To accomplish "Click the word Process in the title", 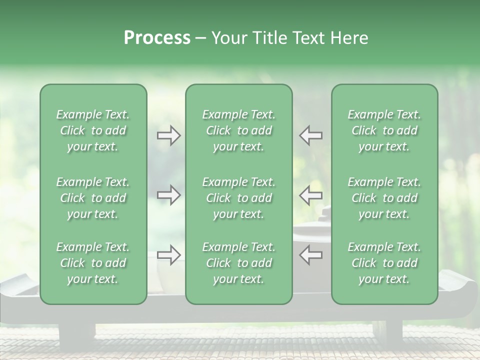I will click(157, 38).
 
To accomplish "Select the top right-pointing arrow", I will click(168, 136).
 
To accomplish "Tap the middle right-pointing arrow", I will click(168, 194).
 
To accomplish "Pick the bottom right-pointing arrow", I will click(168, 254).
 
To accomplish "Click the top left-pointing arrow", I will click(310, 136).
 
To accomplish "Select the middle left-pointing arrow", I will click(310, 194).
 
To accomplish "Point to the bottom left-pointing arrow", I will click(310, 254).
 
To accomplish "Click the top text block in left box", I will click(93, 130).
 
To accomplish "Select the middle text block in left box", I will click(93, 198).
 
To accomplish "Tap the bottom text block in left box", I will click(93, 263).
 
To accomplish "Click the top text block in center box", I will click(238, 130).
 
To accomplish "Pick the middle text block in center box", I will click(238, 198).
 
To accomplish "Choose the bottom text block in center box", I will click(238, 263).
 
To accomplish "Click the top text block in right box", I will click(384, 130).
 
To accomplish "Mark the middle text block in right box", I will click(384, 198).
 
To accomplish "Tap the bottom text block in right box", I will click(384, 263).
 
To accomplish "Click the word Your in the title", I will click(228, 38).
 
